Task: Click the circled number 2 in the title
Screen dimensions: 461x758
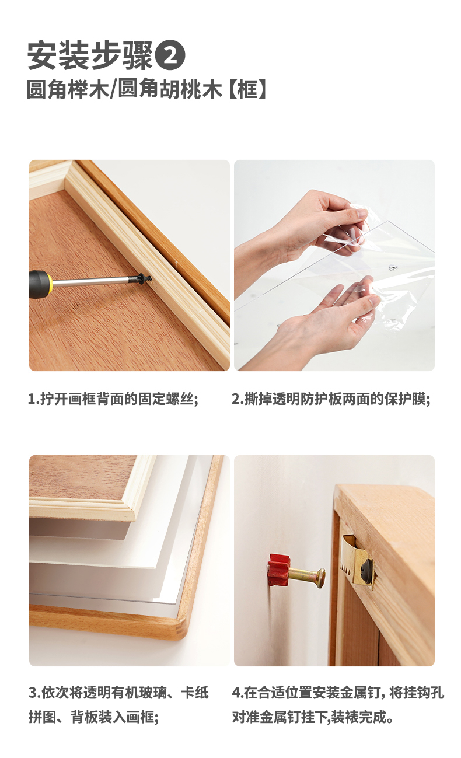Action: coord(170,55)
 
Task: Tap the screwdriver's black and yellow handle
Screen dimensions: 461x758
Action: coord(41,284)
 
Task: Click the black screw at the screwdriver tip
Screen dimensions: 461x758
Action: coord(144,279)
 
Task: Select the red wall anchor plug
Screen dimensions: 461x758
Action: coord(279,570)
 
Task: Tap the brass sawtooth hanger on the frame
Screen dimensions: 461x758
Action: coord(358,562)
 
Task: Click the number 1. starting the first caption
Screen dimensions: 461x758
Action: coord(33,399)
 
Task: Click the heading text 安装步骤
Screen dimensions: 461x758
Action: coord(90,55)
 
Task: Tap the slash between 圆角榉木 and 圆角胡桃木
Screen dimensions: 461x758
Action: coord(113,90)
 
